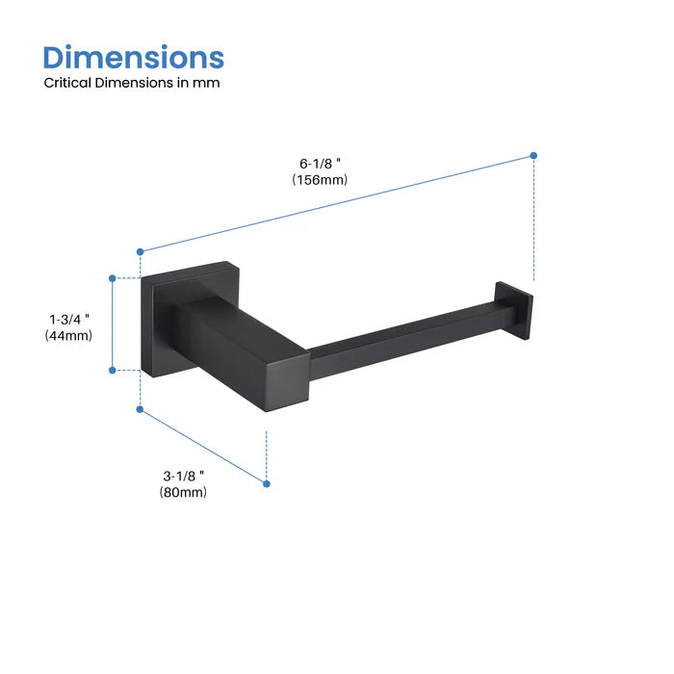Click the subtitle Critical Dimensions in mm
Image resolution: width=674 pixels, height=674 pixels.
[x=132, y=83]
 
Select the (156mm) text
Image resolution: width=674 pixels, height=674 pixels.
[x=320, y=179]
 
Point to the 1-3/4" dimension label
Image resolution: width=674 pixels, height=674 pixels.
[x=69, y=319]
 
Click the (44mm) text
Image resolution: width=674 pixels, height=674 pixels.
[x=68, y=335]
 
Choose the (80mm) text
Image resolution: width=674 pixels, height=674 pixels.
[x=183, y=492]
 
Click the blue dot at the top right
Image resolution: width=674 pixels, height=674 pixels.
[x=533, y=155]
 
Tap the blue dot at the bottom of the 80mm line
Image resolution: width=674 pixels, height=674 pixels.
[x=267, y=482]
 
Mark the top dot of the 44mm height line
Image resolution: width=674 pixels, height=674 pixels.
[x=113, y=278]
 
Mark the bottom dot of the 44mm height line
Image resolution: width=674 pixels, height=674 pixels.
[x=113, y=369]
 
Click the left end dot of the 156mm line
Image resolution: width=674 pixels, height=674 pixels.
[x=141, y=250]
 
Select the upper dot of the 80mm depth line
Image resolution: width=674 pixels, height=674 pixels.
[x=141, y=410]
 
